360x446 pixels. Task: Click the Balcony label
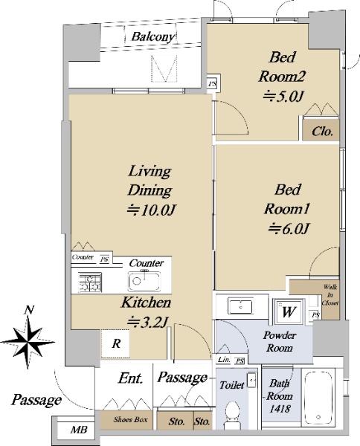coord(152,37)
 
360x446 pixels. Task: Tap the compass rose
coord(28,338)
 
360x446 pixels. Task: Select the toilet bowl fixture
coord(233,413)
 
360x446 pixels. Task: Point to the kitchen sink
coord(144,281)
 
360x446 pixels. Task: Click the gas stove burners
coord(90,282)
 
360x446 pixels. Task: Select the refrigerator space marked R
coord(115,343)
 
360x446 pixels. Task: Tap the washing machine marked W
coord(289,311)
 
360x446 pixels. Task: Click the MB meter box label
coord(79,430)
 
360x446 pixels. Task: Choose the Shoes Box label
coord(131,419)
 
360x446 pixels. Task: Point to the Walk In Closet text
coord(330,294)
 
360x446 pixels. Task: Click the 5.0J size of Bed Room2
coord(283,97)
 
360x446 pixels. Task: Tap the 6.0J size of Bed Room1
coord(289,228)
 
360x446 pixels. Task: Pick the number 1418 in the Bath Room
coord(280,409)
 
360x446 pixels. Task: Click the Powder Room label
coord(279,342)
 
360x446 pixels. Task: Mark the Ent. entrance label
coord(131,378)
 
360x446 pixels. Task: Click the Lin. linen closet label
coord(224,360)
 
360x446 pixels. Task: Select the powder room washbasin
coord(240,306)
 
